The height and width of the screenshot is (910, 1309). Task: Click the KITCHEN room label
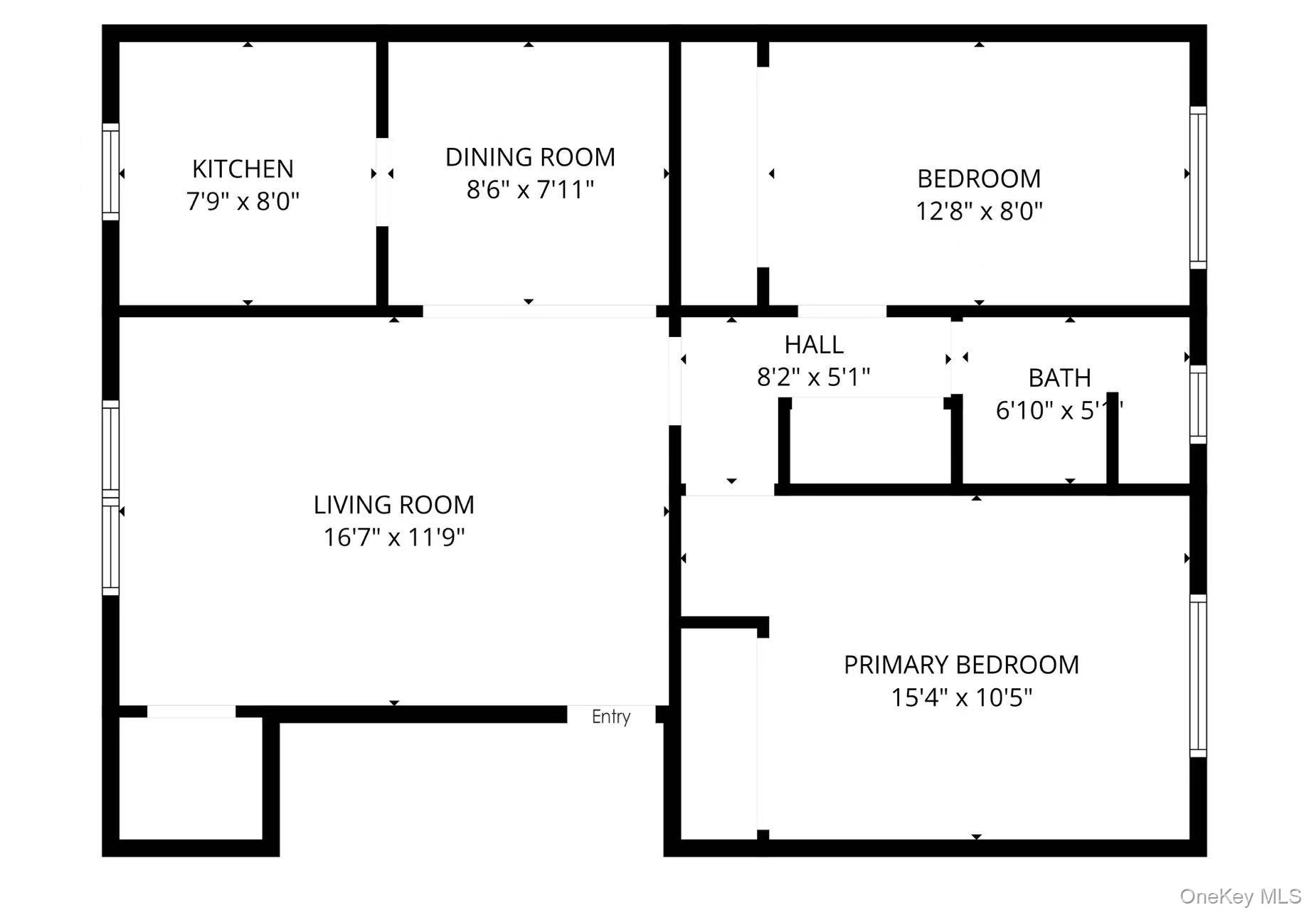[x=243, y=169]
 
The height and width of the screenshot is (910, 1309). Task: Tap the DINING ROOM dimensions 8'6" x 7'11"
[x=530, y=190]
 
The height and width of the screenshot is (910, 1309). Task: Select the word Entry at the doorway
[x=611, y=717]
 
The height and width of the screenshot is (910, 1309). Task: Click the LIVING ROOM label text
[x=393, y=505]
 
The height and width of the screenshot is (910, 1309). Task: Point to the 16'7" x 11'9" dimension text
[x=393, y=537]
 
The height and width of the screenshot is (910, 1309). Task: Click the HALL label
[x=814, y=345]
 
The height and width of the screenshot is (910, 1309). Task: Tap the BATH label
[x=1059, y=378]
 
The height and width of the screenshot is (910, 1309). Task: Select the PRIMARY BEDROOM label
[x=961, y=665]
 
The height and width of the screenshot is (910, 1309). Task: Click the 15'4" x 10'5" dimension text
[x=961, y=697]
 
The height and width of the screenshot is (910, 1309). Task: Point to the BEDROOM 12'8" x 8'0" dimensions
[x=979, y=211]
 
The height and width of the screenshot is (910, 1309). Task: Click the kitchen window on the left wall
[x=110, y=171]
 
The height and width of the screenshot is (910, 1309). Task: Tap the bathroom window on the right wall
[x=1198, y=405]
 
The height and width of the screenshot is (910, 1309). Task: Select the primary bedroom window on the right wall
[x=1198, y=675]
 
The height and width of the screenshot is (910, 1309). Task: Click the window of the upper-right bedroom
[x=1198, y=188]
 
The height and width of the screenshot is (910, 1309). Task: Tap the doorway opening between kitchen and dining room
[x=383, y=182]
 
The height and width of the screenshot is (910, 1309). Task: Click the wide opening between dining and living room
[x=539, y=311]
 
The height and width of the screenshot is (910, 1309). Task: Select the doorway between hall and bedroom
[x=842, y=311]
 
